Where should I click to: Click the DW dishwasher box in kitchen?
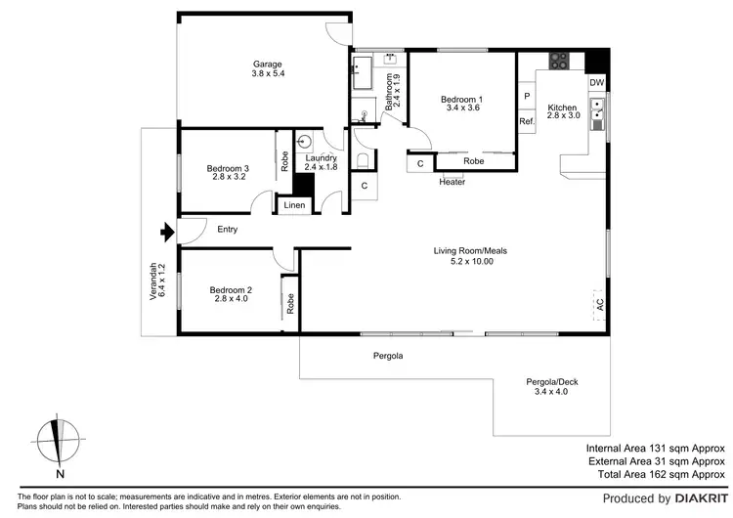point(596,83)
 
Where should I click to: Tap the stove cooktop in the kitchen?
point(560,61)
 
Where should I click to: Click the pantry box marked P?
point(527,97)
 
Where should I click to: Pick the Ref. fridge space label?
point(527,121)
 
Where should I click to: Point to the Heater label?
point(452,182)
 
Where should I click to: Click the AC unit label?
point(598,305)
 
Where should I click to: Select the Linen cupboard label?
point(294,205)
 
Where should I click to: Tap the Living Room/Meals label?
point(470,256)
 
